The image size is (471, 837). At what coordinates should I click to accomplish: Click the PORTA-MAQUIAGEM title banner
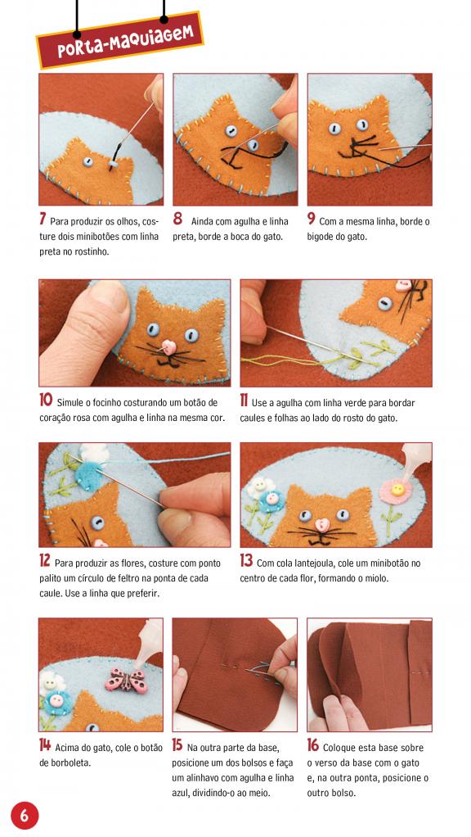pyautogui.click(x=120, y=40)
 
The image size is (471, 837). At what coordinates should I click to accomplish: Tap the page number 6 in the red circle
pyautogui.click(x=25, y=815)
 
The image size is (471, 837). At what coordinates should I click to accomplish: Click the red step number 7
pyautogui.click(x=42, y=219)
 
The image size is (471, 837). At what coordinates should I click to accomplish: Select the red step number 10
pyautogui.click(x=45, y=400)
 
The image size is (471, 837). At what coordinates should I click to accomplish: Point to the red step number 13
pyautogui.click(x=246, y=561)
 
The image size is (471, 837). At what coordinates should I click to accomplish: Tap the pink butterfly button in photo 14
pyautogui.click(x=126, y=681)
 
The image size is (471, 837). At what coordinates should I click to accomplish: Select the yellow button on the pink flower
pyautogui.click(x=397, y=489)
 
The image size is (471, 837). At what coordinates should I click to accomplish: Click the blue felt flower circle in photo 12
pyautogui.click(x=87, y=474)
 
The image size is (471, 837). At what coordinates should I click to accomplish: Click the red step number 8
pyautogui.click(x=177, y=219)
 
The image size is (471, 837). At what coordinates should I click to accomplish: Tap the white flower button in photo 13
pyautogui.click(x=261, y=486)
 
